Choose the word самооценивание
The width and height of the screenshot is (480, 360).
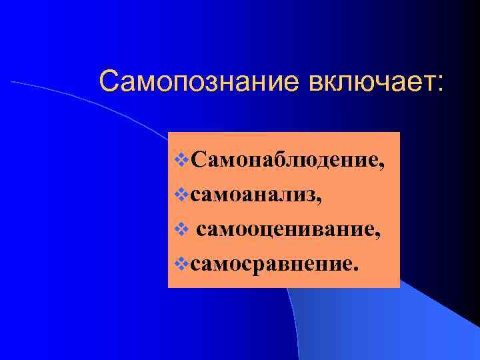[287, 231]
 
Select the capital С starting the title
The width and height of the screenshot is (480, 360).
[107, 82]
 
